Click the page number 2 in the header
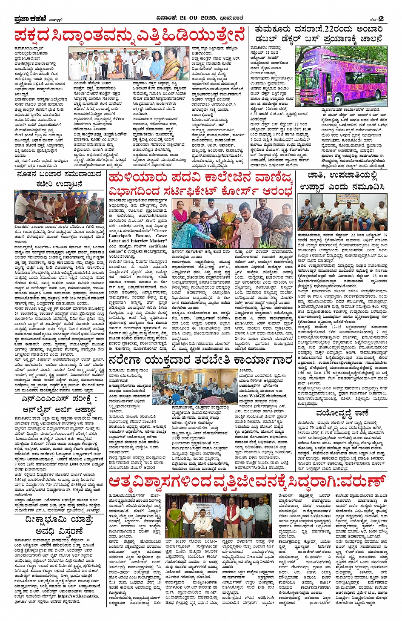pos(381,19)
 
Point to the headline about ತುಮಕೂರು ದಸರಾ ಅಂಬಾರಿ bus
pos(319,34)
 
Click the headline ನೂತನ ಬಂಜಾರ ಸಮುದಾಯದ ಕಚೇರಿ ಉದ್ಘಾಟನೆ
pos(59,179)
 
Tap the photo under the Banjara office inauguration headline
pos(59,207)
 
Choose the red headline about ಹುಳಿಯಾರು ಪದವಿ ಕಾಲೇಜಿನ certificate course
pos(201,184)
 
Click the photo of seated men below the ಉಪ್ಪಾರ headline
pos(342,212)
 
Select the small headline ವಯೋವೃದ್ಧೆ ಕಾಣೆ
pos(342,413)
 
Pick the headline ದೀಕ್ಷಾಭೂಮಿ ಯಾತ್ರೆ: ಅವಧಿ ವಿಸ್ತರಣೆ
pos(59,525)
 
